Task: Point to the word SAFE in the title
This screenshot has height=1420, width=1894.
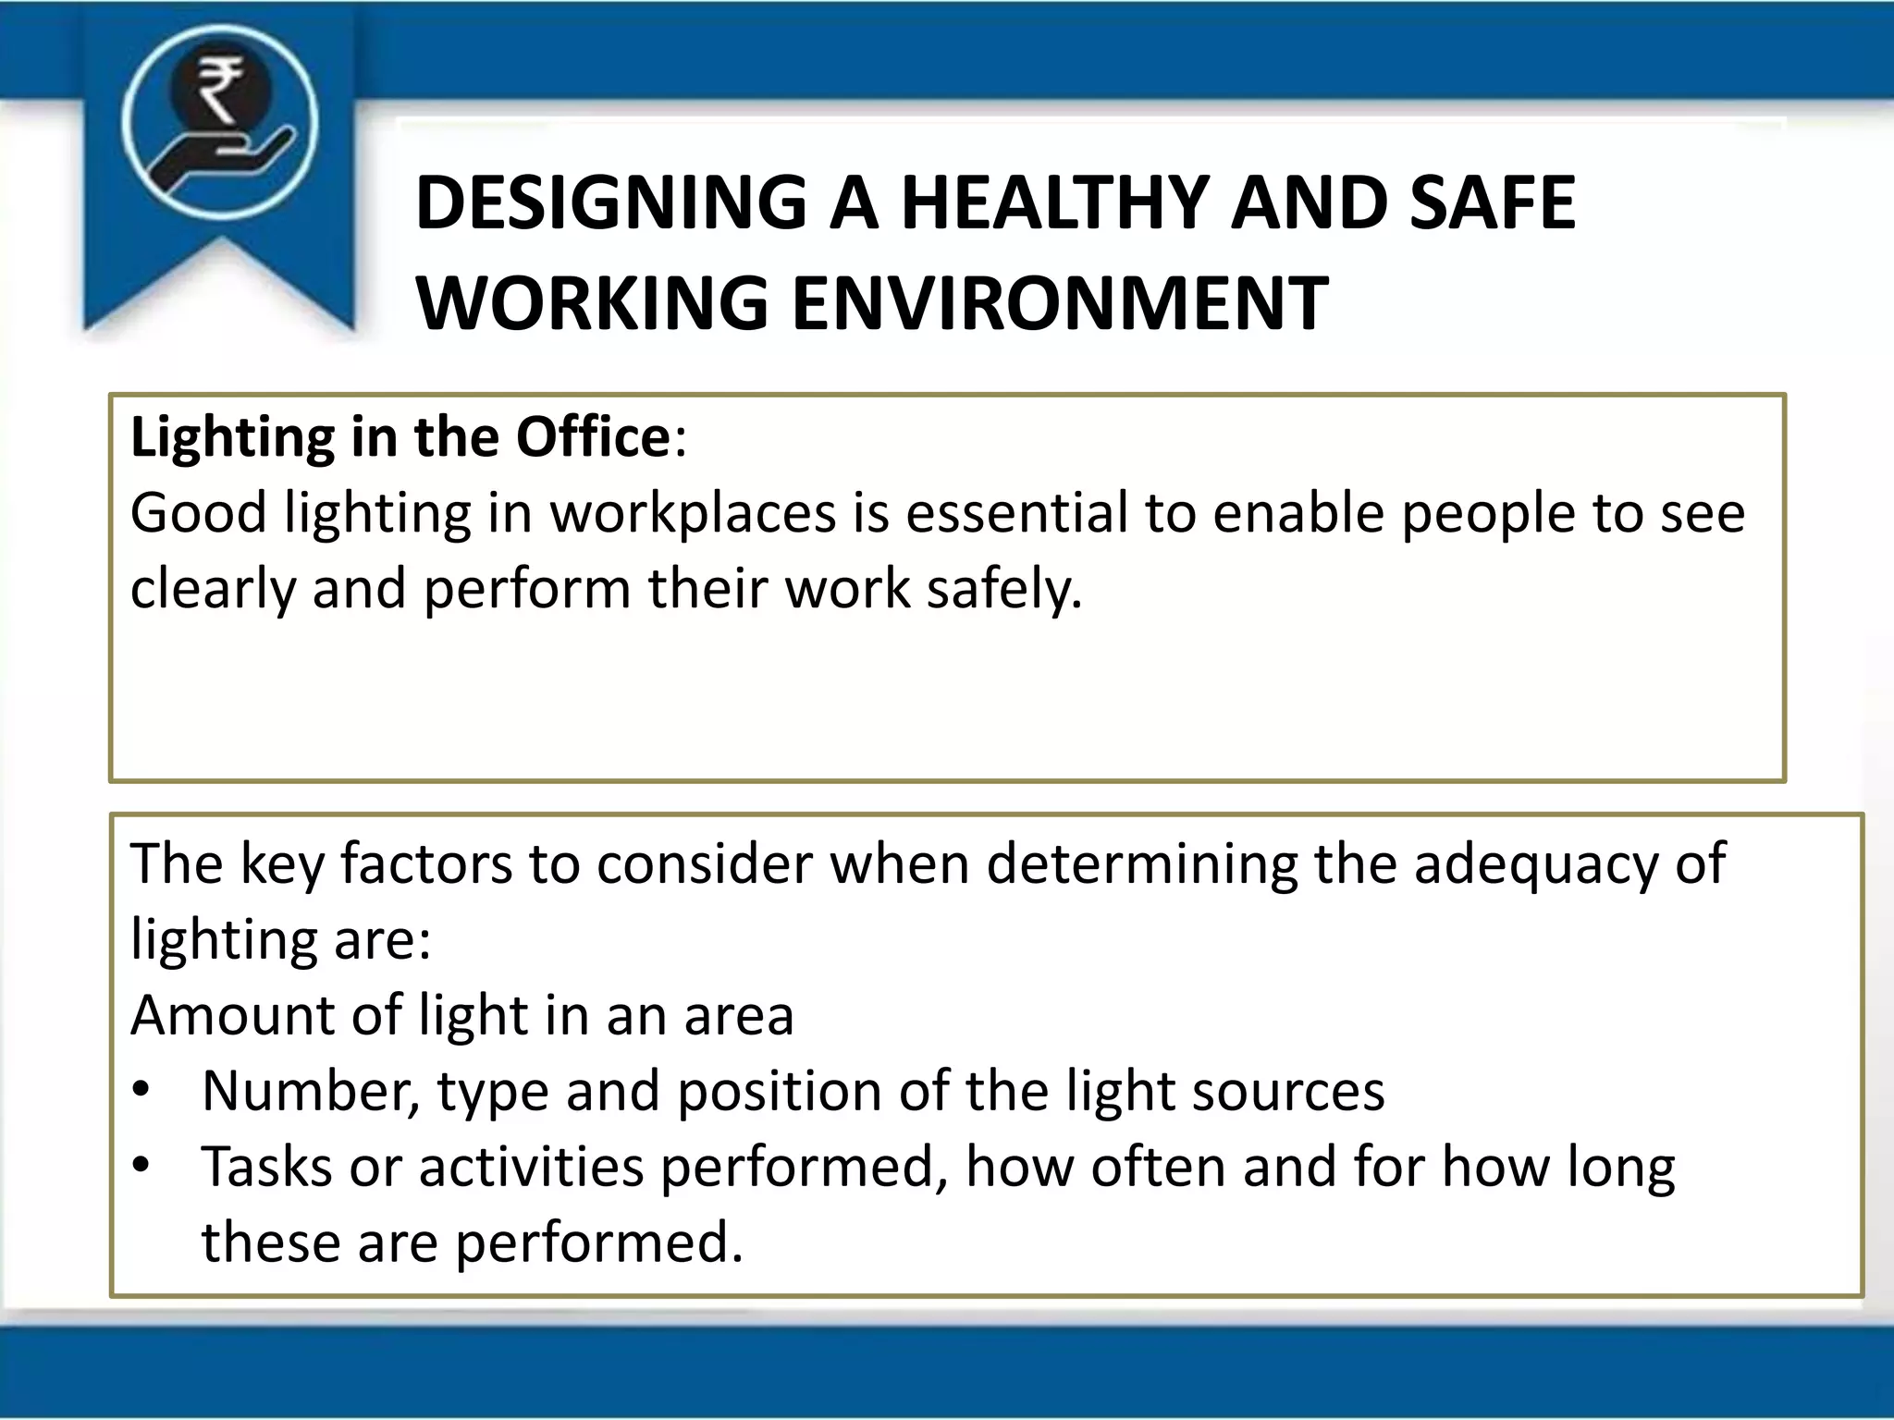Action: pos(1492,203)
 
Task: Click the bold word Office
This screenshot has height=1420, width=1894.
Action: pos(593,437)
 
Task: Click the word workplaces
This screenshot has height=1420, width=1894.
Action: pos(694,514)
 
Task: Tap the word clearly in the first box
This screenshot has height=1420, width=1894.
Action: pos(213,590)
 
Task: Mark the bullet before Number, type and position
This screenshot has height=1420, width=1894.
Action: pos(141,1090)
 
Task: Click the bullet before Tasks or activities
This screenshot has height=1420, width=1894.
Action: pos(141,1165)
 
